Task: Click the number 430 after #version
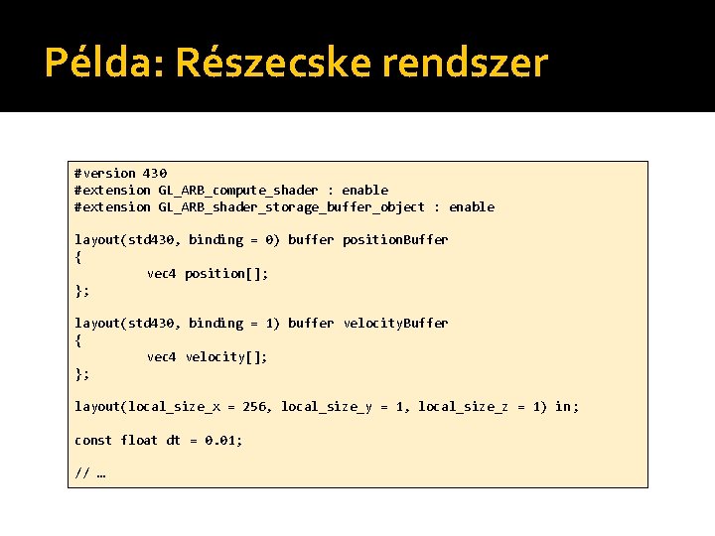coord(155,173)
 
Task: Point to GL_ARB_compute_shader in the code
coord(238,190)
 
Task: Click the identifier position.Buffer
coord(395,239)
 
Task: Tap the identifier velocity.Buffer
coord(395,323)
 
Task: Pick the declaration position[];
coord(226,273)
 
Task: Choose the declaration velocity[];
coord(226,356)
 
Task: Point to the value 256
coord(254,406)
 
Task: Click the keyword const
coord(93,440)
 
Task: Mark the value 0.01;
coord(223,440)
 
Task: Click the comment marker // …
coord(89,472)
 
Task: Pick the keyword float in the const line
coord(139,440)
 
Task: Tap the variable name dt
coord(173,440)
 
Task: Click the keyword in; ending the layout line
coord(567,406)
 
